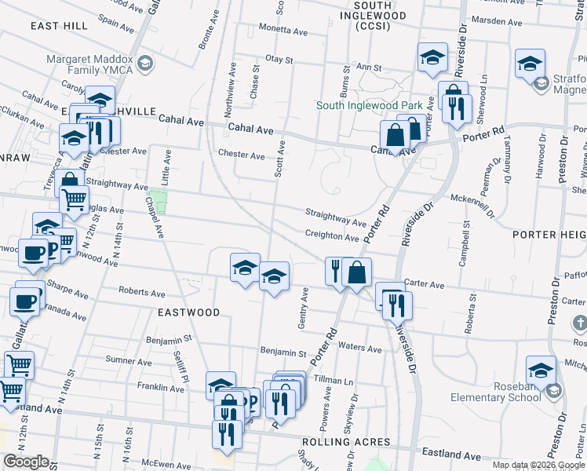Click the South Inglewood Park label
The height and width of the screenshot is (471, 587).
[370, 105]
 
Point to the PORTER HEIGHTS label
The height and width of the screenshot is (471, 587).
[549, 235]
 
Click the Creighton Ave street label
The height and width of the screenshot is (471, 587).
[332, 236]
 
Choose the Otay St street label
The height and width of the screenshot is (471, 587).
[279, 59]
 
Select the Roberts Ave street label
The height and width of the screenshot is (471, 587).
[141, 292]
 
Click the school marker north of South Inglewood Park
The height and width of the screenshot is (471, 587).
[432, 58]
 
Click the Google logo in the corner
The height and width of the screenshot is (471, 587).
[26, 462]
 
